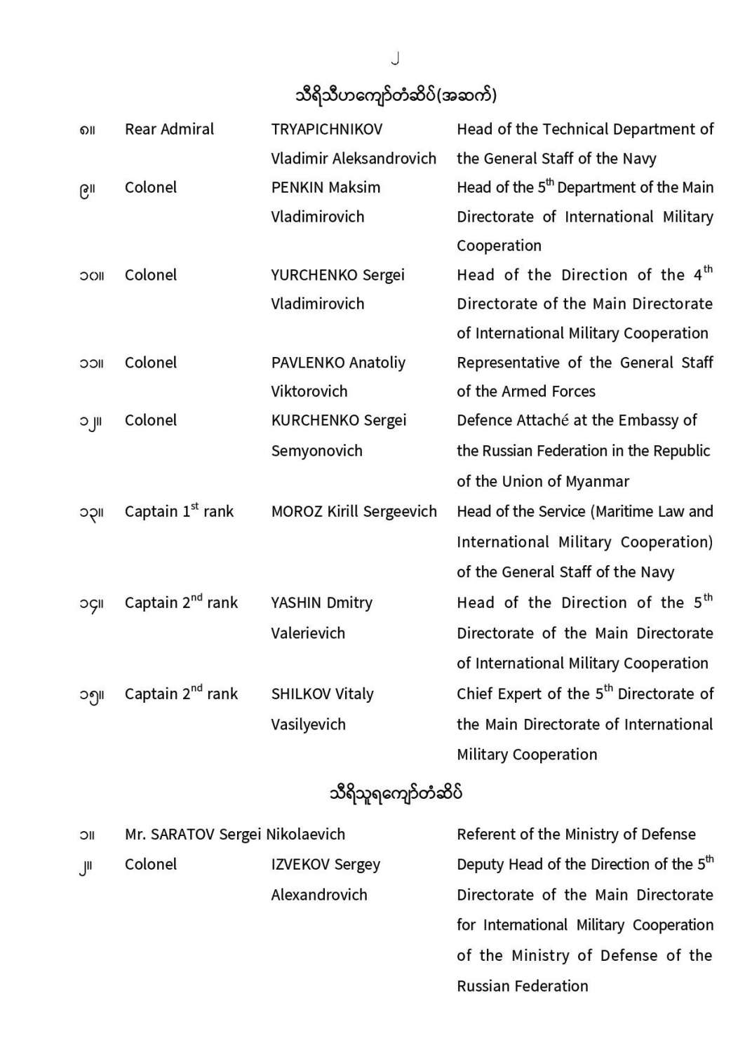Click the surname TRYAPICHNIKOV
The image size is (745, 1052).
coord(327,129)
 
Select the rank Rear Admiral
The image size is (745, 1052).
coord(169,129)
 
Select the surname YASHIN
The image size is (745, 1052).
coord(296,602)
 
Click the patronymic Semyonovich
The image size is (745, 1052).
coord(316,450)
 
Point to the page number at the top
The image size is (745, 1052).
coord(396,59)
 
